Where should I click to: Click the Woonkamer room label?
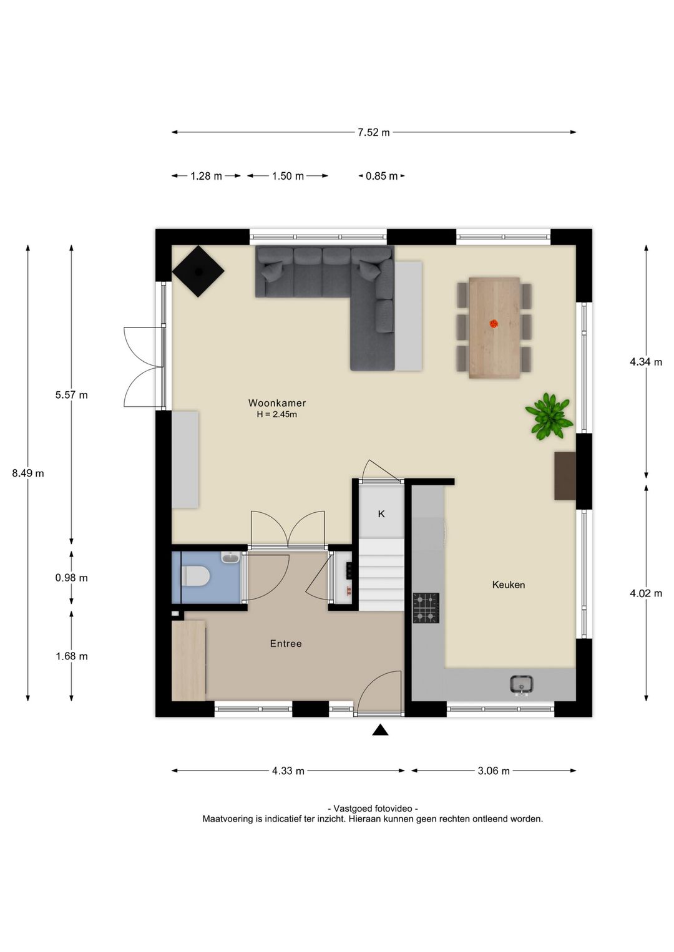tap(277, 403)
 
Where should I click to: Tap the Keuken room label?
tap(508, 585)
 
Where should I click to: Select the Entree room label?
tap(286, 643)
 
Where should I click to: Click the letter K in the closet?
tap(381, 514)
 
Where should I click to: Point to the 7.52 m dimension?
tap(373, 132)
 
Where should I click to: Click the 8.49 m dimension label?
tap(28, 473)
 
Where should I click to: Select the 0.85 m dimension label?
tap(381, 176)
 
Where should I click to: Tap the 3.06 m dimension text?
tap(494, 770)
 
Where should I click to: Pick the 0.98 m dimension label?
tap(71, 578)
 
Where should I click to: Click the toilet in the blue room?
tap(195, 576)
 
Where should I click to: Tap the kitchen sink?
tap(521, 684)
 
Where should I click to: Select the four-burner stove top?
tap(426, 608)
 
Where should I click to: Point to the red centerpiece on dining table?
tap(494, 323)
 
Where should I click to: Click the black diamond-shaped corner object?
tap(198, 271)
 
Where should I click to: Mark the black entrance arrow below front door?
tap(380, 730)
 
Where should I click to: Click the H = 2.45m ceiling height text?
tap(276, 414)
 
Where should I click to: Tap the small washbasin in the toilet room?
tap(230, 558)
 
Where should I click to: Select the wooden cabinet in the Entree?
tap(188, 660)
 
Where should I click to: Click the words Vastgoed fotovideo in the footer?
tap(373, 808)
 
